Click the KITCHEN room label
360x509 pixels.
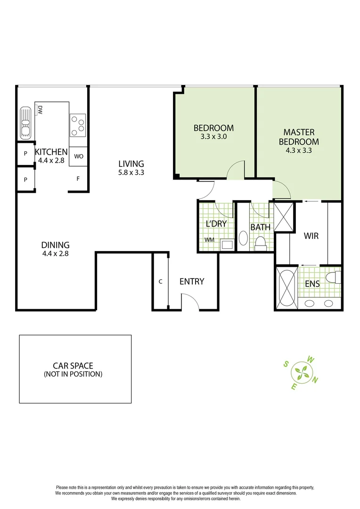pos(51,152)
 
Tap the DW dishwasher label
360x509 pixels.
pos(41,110)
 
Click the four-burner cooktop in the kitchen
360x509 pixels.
pos(78,124)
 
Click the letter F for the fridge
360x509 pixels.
pos(78,179)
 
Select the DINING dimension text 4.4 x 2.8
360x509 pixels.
pos(55,254)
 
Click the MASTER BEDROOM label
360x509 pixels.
pos(298,137)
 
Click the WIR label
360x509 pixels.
pos(311,235)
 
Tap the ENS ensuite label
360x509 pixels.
pos(312,284)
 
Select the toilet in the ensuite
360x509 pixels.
pos(334,277)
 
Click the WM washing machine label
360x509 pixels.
pos(209,239)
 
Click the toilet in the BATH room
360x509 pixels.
pos(260,242)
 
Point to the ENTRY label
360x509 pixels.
pos(192,281)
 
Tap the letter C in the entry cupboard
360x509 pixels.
pos(160,281)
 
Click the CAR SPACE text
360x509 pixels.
pos(73,365)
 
